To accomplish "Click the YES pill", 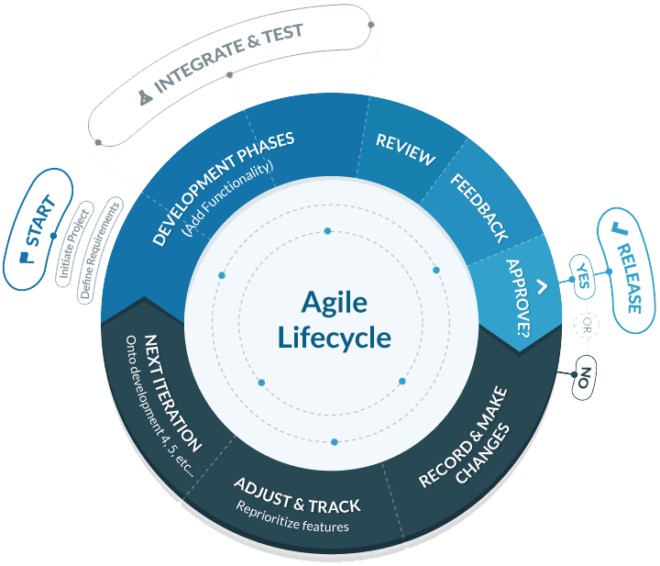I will (582, 276).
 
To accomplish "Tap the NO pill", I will (583, 375).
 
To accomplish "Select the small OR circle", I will (583, 325).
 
